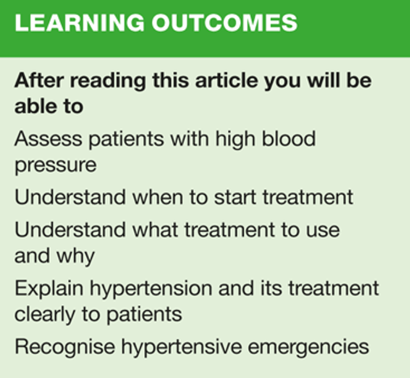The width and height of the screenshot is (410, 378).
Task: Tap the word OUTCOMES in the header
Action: (x=225, y=23)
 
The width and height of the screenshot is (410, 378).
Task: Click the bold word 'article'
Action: (x=226, y=80)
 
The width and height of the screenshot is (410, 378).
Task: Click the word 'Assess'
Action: (x=48, y=138)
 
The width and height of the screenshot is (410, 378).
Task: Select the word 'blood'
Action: (x=289, y=138)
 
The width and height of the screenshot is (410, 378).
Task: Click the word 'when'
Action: (x=157, y=197)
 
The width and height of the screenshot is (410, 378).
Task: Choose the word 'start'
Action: (x=235, y=197)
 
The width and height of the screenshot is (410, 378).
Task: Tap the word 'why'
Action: (x=75, y=257)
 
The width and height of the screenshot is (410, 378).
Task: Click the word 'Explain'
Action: (x=49, y=289)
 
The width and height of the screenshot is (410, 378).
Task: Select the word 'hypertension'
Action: (x=151, y=289)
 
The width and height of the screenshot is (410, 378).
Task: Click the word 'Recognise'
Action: (x=65, y=347)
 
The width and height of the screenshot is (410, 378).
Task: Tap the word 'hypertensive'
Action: (x=181, y=347)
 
